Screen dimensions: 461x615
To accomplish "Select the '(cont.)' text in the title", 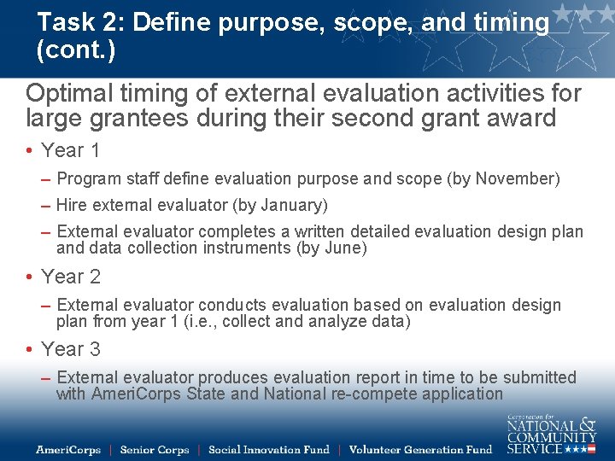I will [x=76, y=50].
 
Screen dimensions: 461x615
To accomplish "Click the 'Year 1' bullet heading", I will [x=70, y=151].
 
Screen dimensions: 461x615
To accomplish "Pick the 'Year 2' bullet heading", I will [x=70, y=277].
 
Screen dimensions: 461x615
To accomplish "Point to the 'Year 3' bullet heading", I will [x=70, y=349].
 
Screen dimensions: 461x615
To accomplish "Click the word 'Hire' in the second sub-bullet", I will [x=72, y=206].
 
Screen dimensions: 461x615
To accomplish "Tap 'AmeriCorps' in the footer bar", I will [x=68, y=450].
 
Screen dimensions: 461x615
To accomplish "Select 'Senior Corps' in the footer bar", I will [x=155, y=450].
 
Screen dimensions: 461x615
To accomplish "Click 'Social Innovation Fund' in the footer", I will [x=269, y=450].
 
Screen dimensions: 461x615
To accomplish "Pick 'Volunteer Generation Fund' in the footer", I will [x=421, y=450].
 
